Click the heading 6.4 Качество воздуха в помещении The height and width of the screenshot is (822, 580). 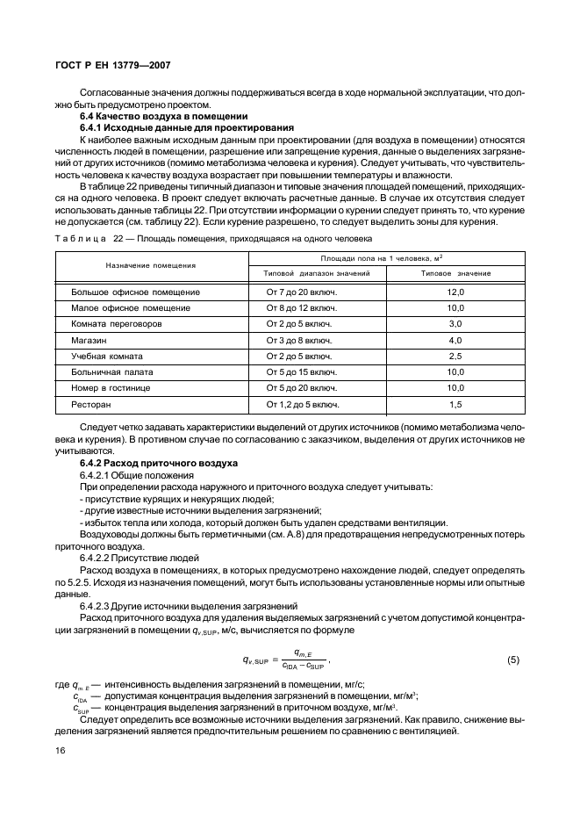164,117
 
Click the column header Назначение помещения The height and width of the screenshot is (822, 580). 150,264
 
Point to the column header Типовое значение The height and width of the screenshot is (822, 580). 455,273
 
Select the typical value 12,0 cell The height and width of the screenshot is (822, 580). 455,292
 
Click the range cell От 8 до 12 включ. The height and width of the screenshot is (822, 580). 295,308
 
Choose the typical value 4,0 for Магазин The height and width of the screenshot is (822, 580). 455,340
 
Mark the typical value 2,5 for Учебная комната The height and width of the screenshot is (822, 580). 455,357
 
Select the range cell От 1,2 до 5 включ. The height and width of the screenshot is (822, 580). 297,405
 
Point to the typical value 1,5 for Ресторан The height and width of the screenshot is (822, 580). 455,405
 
